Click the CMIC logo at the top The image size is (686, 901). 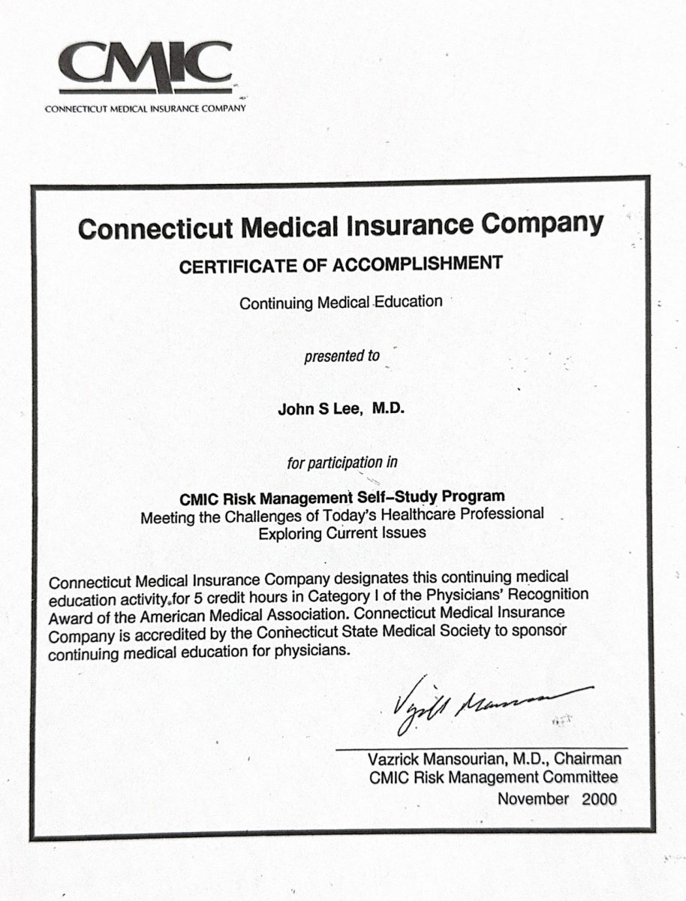(146, 68)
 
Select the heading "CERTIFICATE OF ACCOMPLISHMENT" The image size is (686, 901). (340, 264)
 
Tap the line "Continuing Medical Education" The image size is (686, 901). (341, 303)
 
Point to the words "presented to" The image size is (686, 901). (341, 356)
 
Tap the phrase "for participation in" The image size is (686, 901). (341, 463)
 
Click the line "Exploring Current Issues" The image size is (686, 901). (342, 534)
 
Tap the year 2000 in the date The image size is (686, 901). (599, 798)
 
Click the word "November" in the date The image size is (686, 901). (533, 798)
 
